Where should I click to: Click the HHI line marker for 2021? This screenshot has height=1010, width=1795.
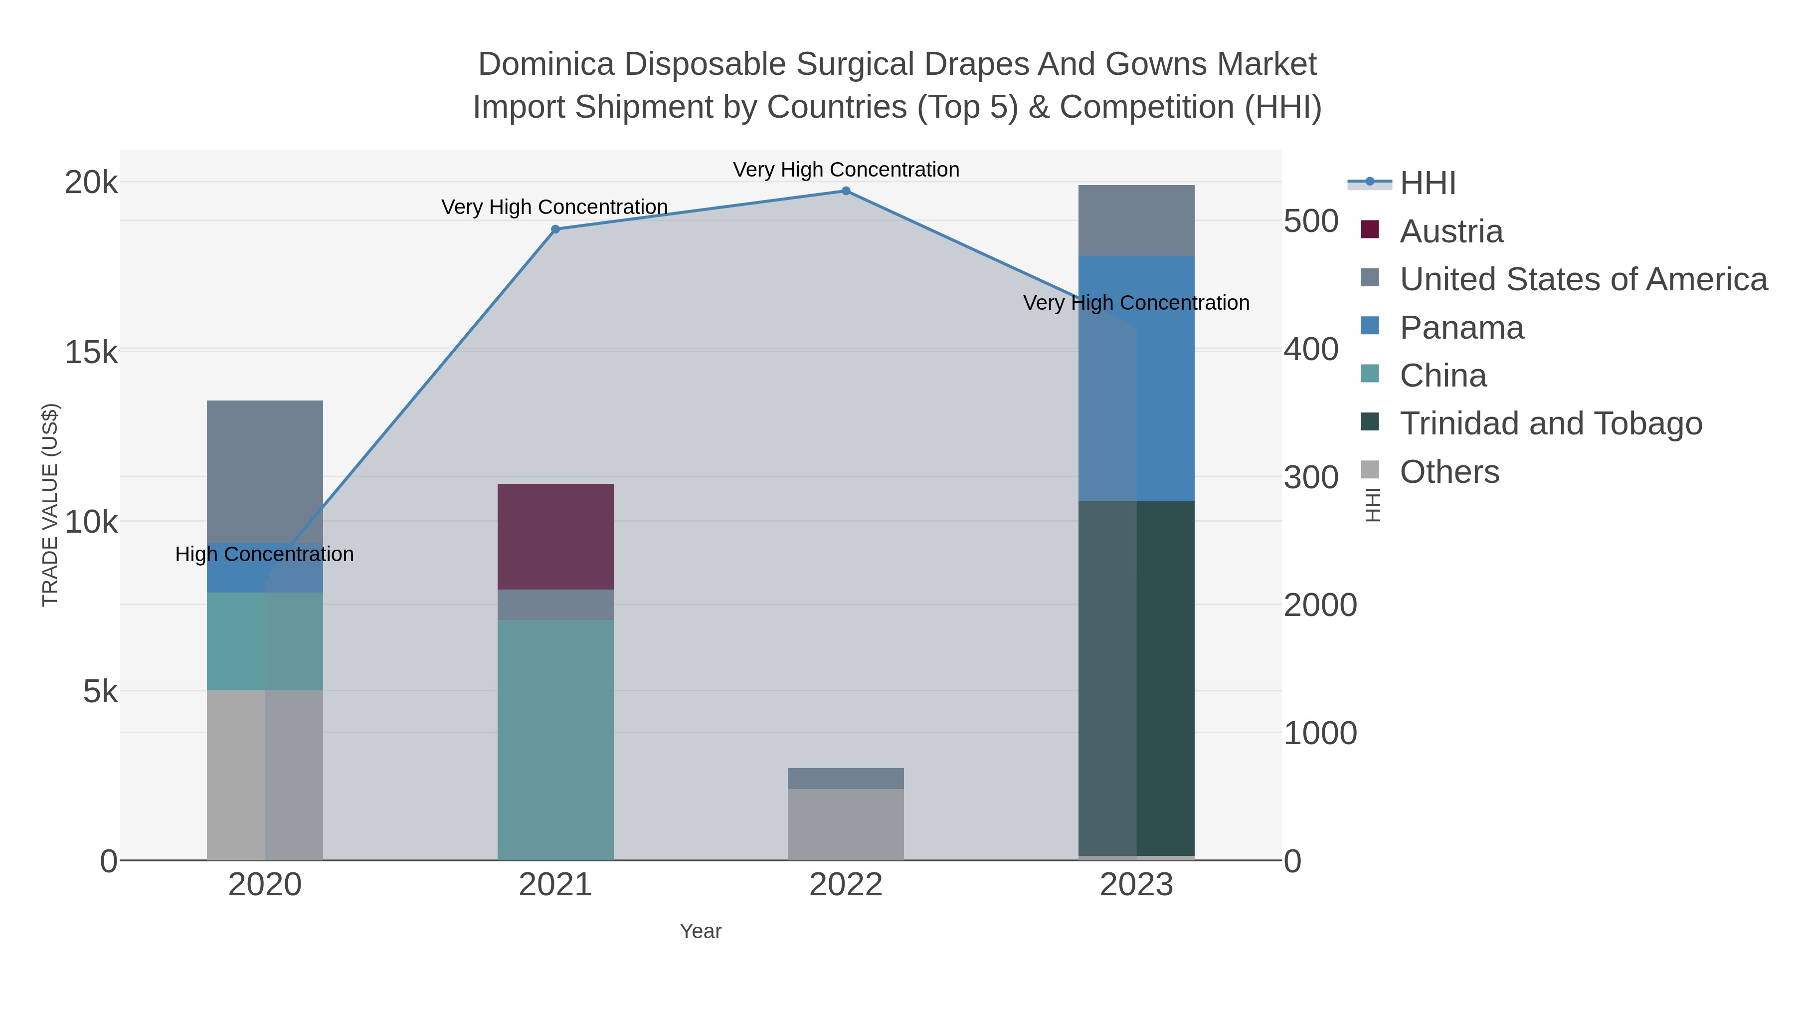pos(555,229)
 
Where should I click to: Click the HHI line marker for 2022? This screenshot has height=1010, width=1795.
pos(846,191)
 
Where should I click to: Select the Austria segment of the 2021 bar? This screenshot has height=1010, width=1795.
pos(555,536)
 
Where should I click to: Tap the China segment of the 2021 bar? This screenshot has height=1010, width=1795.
pos(555,739)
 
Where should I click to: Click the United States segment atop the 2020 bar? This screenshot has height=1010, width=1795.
pos(265,471)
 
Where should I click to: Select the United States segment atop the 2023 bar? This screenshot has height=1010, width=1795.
pos(1136,220)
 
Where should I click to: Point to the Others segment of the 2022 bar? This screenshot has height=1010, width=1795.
pos(846,824)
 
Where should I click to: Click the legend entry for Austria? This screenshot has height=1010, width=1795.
pos(1451,231)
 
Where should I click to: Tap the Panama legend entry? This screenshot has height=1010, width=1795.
pos(1461,328)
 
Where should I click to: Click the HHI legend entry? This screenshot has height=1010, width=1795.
pos(1427,184)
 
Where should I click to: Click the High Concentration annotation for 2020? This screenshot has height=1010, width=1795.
pos(265,554)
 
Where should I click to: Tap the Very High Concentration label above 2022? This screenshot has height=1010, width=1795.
pos(846,170)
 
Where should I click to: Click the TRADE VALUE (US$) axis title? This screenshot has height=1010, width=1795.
pos(50,505)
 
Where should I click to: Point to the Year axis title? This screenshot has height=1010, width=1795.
pos(701,931)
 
